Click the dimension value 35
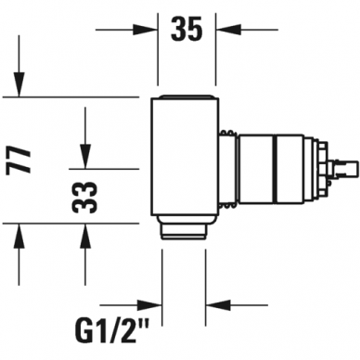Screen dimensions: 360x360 pos(186,29)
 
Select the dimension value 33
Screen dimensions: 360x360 pos(84,198)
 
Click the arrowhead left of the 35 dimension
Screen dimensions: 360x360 pos(146,30)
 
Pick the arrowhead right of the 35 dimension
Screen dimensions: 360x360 pos(228,30)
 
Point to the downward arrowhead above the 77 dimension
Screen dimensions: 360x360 pos(19,84)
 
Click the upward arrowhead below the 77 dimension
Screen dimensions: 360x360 pos(19,236)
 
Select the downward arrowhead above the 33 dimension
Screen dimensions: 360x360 pos(85,157)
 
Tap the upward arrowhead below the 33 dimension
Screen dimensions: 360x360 pos(85,236)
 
